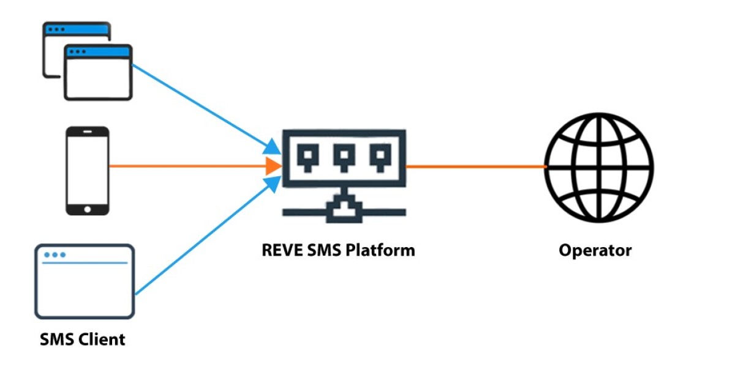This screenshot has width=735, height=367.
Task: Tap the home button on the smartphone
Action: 87,209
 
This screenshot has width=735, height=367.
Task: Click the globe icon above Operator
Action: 600,167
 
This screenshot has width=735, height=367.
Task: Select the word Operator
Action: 595,250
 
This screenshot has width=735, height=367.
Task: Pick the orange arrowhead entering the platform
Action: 273,166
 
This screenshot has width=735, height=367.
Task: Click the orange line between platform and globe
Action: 475,166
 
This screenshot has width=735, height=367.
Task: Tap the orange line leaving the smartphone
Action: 184,166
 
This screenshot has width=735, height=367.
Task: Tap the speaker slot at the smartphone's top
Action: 87,132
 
